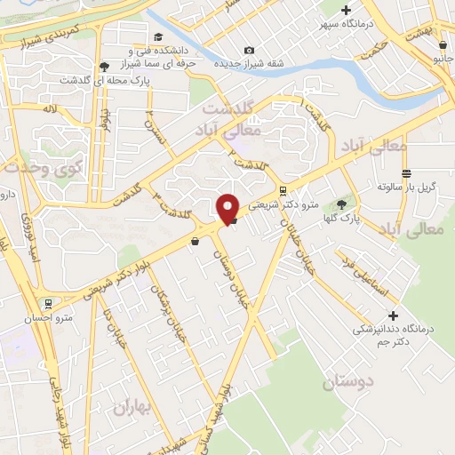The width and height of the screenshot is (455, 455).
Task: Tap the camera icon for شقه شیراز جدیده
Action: (248, 50)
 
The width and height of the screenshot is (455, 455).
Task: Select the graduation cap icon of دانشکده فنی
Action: (158, 36)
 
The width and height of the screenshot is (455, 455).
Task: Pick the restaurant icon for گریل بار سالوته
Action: (405, 173)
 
